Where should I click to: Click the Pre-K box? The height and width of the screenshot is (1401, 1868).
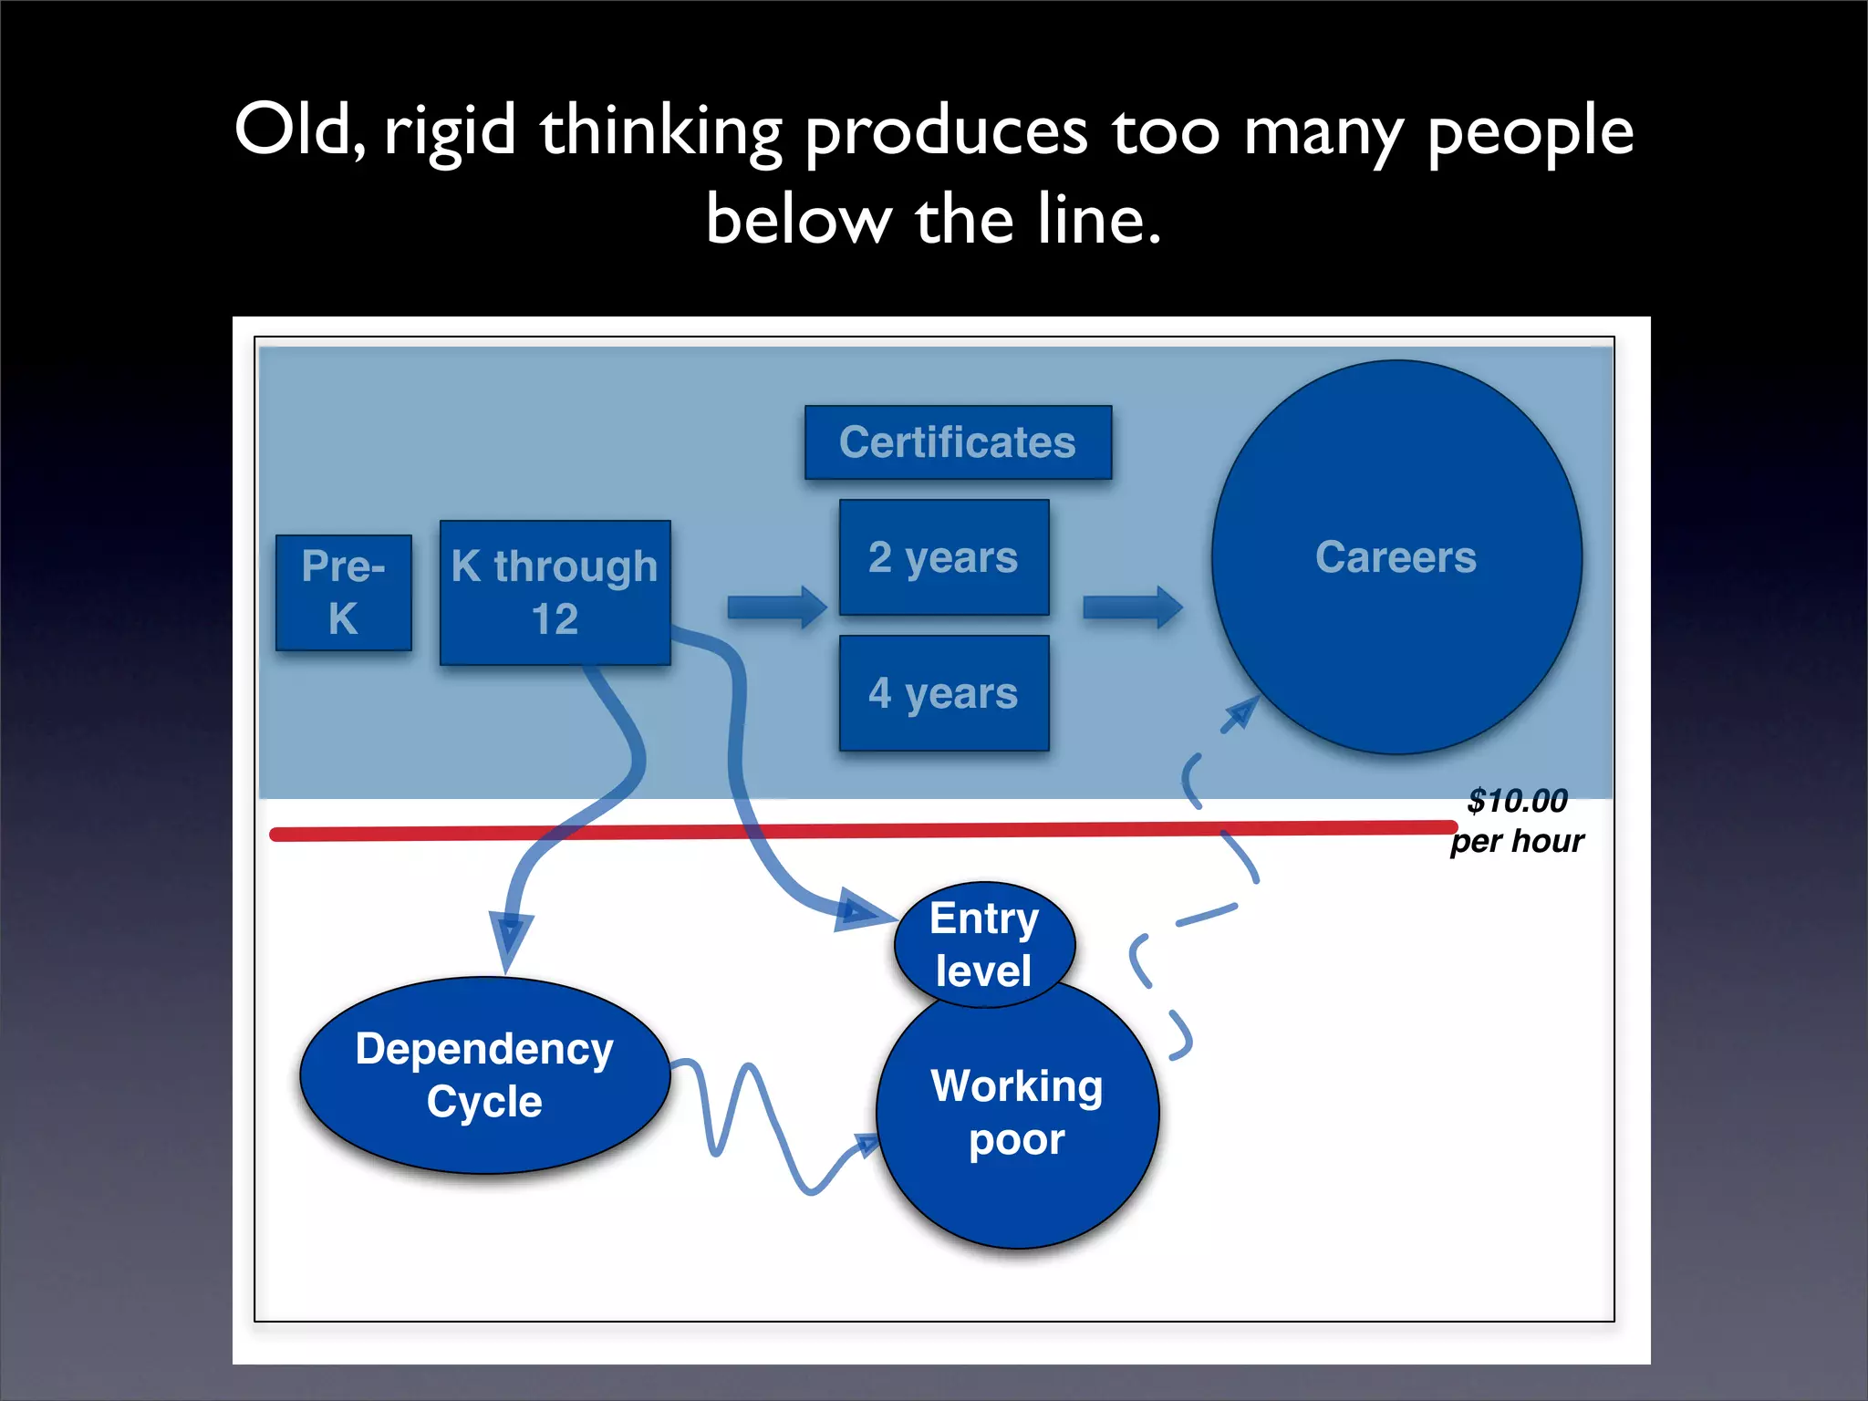pos(343,593)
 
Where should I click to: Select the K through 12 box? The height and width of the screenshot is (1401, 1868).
pos(555,592)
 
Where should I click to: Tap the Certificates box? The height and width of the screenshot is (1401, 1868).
pos(958,442)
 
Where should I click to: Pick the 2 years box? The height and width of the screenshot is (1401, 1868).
pos(943,557)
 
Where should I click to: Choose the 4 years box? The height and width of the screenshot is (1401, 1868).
pos(943,693)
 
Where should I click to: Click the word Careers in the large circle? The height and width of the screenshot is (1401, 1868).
pos(1396,557)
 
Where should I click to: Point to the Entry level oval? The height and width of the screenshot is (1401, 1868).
pos(984,944)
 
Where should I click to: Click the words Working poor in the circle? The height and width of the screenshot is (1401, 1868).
pos(1017,1113)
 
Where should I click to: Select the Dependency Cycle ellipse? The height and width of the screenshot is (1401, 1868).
pos(484,1075)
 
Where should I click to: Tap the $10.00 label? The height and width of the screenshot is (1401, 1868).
pos(1517,801)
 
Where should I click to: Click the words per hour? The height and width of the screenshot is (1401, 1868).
pos(1517,841)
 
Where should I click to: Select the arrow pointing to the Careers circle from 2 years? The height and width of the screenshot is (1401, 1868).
pos(1132,607)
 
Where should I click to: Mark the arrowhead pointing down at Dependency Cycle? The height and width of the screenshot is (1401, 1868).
pos(510,939)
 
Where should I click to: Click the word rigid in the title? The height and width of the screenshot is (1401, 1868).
pos(450,130)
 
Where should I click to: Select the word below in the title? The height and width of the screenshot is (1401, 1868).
pos(798,220)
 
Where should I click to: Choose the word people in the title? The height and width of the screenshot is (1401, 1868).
pos(1530,130)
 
